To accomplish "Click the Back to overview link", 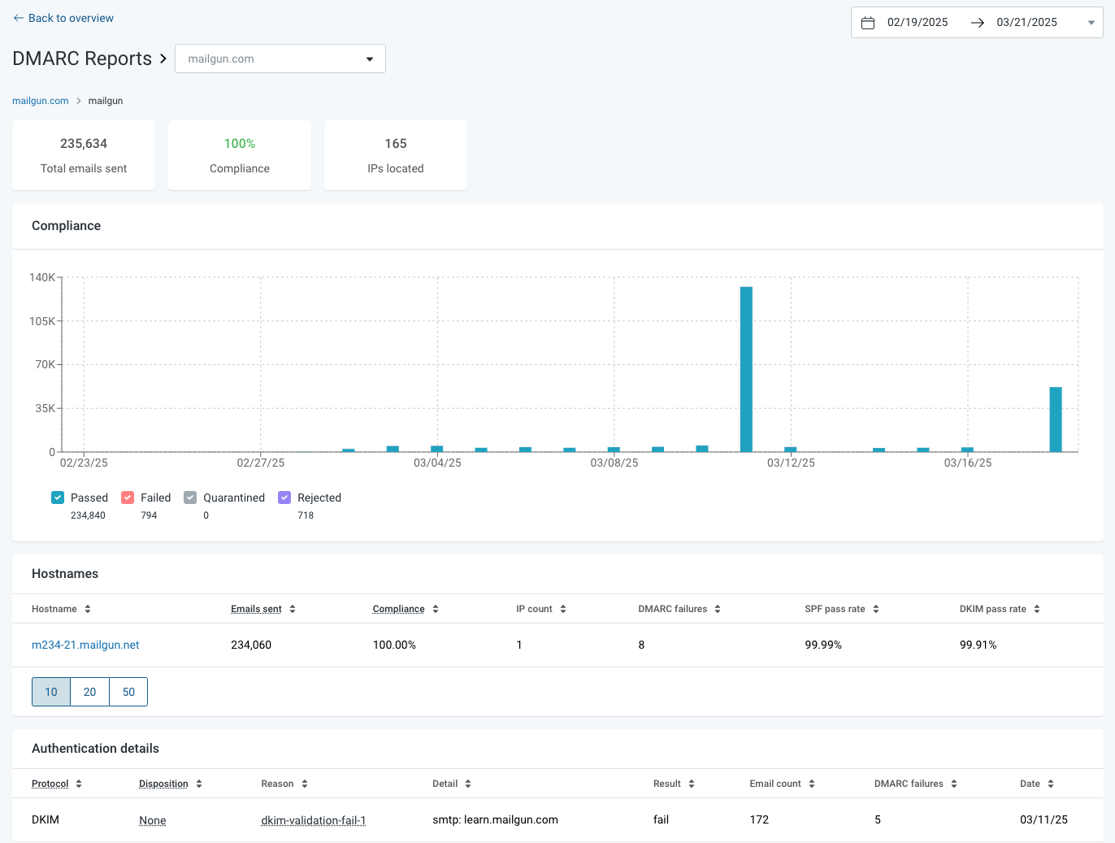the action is [x=63, y=19].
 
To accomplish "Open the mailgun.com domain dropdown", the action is [x=280, y=59].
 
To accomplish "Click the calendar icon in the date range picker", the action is [x=868, y=23].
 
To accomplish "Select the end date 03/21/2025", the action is [x=1026, y=23].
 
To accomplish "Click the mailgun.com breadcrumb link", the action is [x=40, y=101].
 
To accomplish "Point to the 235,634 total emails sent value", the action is [x=84, y=144].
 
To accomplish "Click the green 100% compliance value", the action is [x=240, y=144].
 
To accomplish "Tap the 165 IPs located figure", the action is [x=396, y=144].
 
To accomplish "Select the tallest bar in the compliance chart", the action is [x=746, y=369].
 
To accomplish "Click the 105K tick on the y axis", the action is [x=42, y=321].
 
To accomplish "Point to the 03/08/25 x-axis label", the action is [x=614, y=463].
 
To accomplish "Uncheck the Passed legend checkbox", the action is [x=58, y=498].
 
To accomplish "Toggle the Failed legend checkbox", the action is [x=128, y=498].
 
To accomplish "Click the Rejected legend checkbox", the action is [x=284, y=498].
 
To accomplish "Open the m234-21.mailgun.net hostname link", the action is [x=85, y=645].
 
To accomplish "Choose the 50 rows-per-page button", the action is [x=128, y=692].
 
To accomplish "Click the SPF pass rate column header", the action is [x=835, y=609].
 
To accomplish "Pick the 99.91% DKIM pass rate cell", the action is [x=978, y=645].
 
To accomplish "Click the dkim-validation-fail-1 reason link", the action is [x=314, y=820].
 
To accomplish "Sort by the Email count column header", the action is [x=775, y=784].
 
